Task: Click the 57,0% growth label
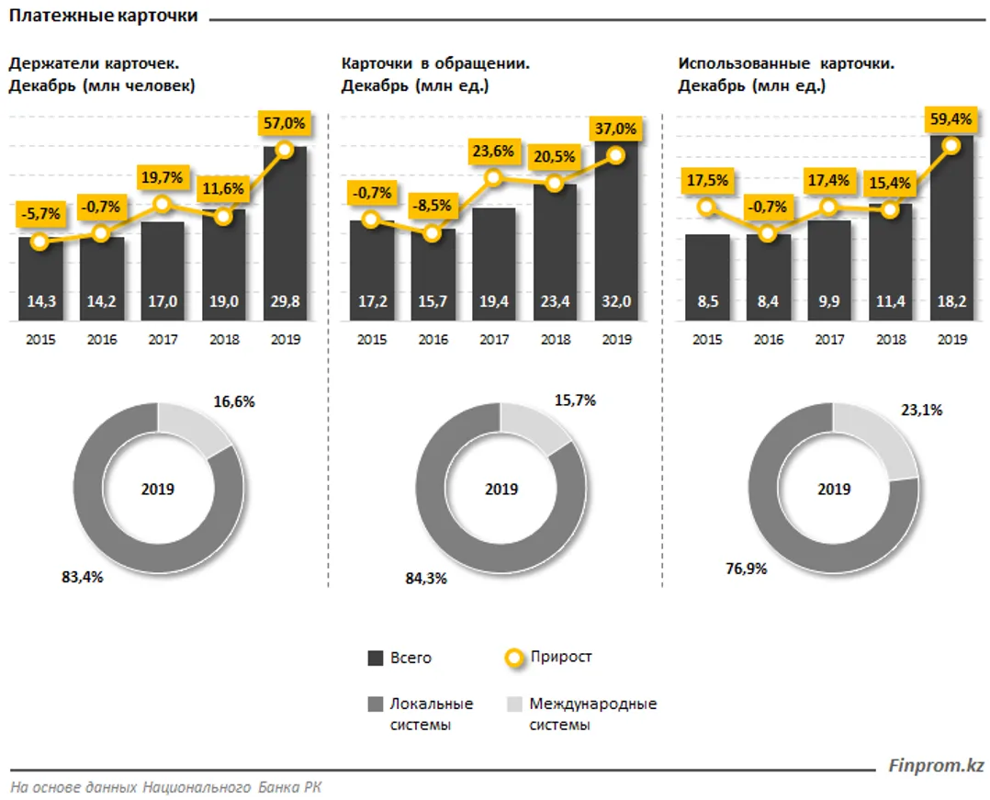(x=285, y=122)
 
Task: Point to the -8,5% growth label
(x=433, y=207)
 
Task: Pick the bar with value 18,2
(x=953, y=230)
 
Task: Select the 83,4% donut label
(x=83, y=578)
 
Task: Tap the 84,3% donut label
(x=426, y=579)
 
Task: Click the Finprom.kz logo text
(x=937, y=765)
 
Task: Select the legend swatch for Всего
(x=375, y=658)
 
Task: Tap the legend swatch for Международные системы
(x=514, y=704)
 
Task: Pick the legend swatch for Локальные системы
(x=375, y=704)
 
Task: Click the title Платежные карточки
(x=103, y=17)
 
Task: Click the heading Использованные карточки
(x=786, y=63)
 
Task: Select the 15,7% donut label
(x=577, y=400)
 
